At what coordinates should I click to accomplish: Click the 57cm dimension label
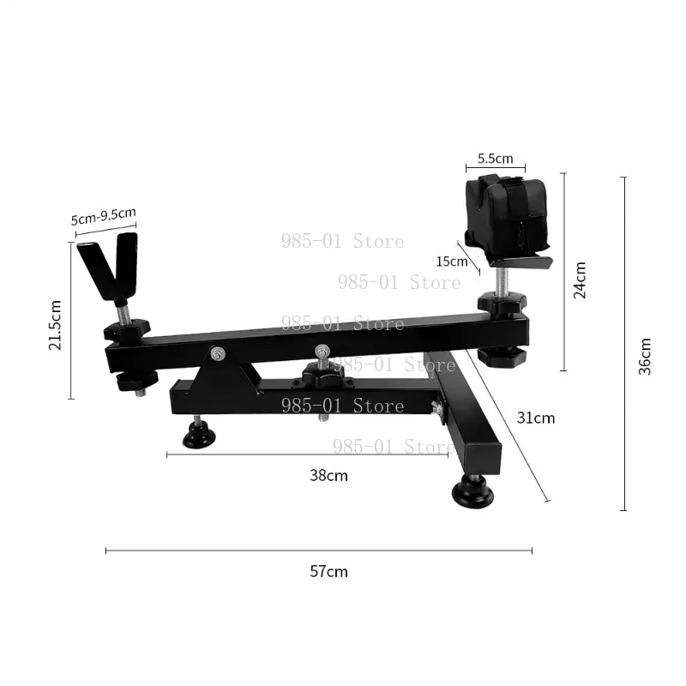pos(328,571)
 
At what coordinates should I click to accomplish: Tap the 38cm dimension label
pos(328,475)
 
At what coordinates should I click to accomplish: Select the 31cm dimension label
pos(535,418)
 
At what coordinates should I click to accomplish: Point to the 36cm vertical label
pos(645,356)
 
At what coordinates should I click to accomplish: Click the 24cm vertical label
pos(580,280)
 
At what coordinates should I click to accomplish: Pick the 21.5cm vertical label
pos(55,325)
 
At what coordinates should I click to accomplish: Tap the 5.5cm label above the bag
pos(496,159)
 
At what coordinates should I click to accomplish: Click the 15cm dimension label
pos(452,262)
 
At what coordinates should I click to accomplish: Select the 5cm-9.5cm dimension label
pos(104,216)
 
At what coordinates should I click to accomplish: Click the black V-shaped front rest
pos(110,265)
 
